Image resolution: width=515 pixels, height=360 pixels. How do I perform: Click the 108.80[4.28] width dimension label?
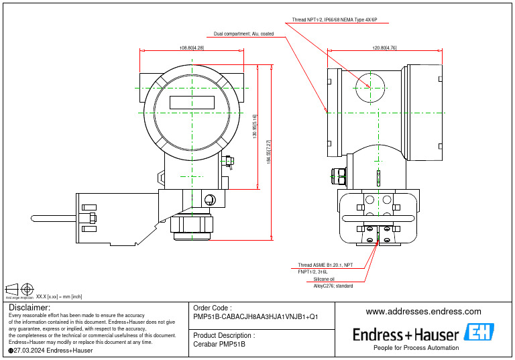coord(192,48)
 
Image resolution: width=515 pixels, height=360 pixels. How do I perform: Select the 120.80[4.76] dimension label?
coord(384,48)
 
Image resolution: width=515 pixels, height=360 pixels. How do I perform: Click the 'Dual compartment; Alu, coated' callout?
coord(243,34)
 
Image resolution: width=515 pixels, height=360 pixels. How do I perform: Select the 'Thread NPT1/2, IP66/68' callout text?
coord(335,21)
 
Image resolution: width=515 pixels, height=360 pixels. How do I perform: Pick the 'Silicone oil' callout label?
coord(324,279)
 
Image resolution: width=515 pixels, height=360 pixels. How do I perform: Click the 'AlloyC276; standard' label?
coord(333,286)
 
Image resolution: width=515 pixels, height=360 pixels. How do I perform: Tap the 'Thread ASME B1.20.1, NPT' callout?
coord(325,265)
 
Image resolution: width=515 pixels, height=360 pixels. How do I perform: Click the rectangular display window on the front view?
coord(191,103)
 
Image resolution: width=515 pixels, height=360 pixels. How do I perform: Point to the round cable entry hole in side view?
coord(369,86)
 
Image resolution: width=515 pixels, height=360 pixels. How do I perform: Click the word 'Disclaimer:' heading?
coord(30,307)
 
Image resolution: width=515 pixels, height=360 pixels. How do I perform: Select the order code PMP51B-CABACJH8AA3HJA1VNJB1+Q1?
coord(255,316)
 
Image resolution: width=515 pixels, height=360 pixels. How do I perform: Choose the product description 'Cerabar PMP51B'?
coord(219,344)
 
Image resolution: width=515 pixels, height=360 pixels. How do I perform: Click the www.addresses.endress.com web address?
coord(423,312)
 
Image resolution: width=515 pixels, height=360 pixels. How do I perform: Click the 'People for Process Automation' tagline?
coord(416,348)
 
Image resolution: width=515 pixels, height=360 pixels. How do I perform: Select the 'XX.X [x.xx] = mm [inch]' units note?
coord(59,296)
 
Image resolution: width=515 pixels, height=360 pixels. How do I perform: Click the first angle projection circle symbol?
coord(27,290)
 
